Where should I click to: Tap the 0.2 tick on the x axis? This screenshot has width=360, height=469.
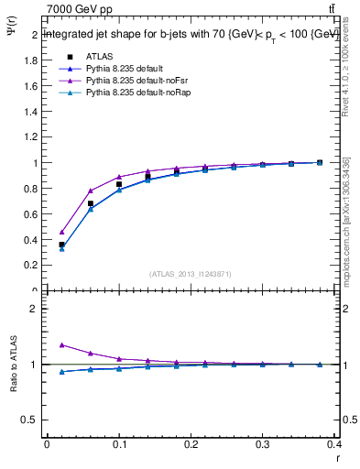tap(191, 448)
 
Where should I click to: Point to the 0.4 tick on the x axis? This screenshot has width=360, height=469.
tap(335, 448)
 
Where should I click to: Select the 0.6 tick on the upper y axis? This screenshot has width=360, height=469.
tap(31, 214)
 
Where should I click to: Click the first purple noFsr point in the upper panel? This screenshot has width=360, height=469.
tap(61, 232)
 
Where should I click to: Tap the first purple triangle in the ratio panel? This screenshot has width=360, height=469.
tap(61, 345)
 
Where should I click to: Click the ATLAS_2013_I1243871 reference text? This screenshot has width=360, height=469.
tap(190, 274)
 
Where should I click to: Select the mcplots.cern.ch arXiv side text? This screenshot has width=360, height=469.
tap(345, 220)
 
